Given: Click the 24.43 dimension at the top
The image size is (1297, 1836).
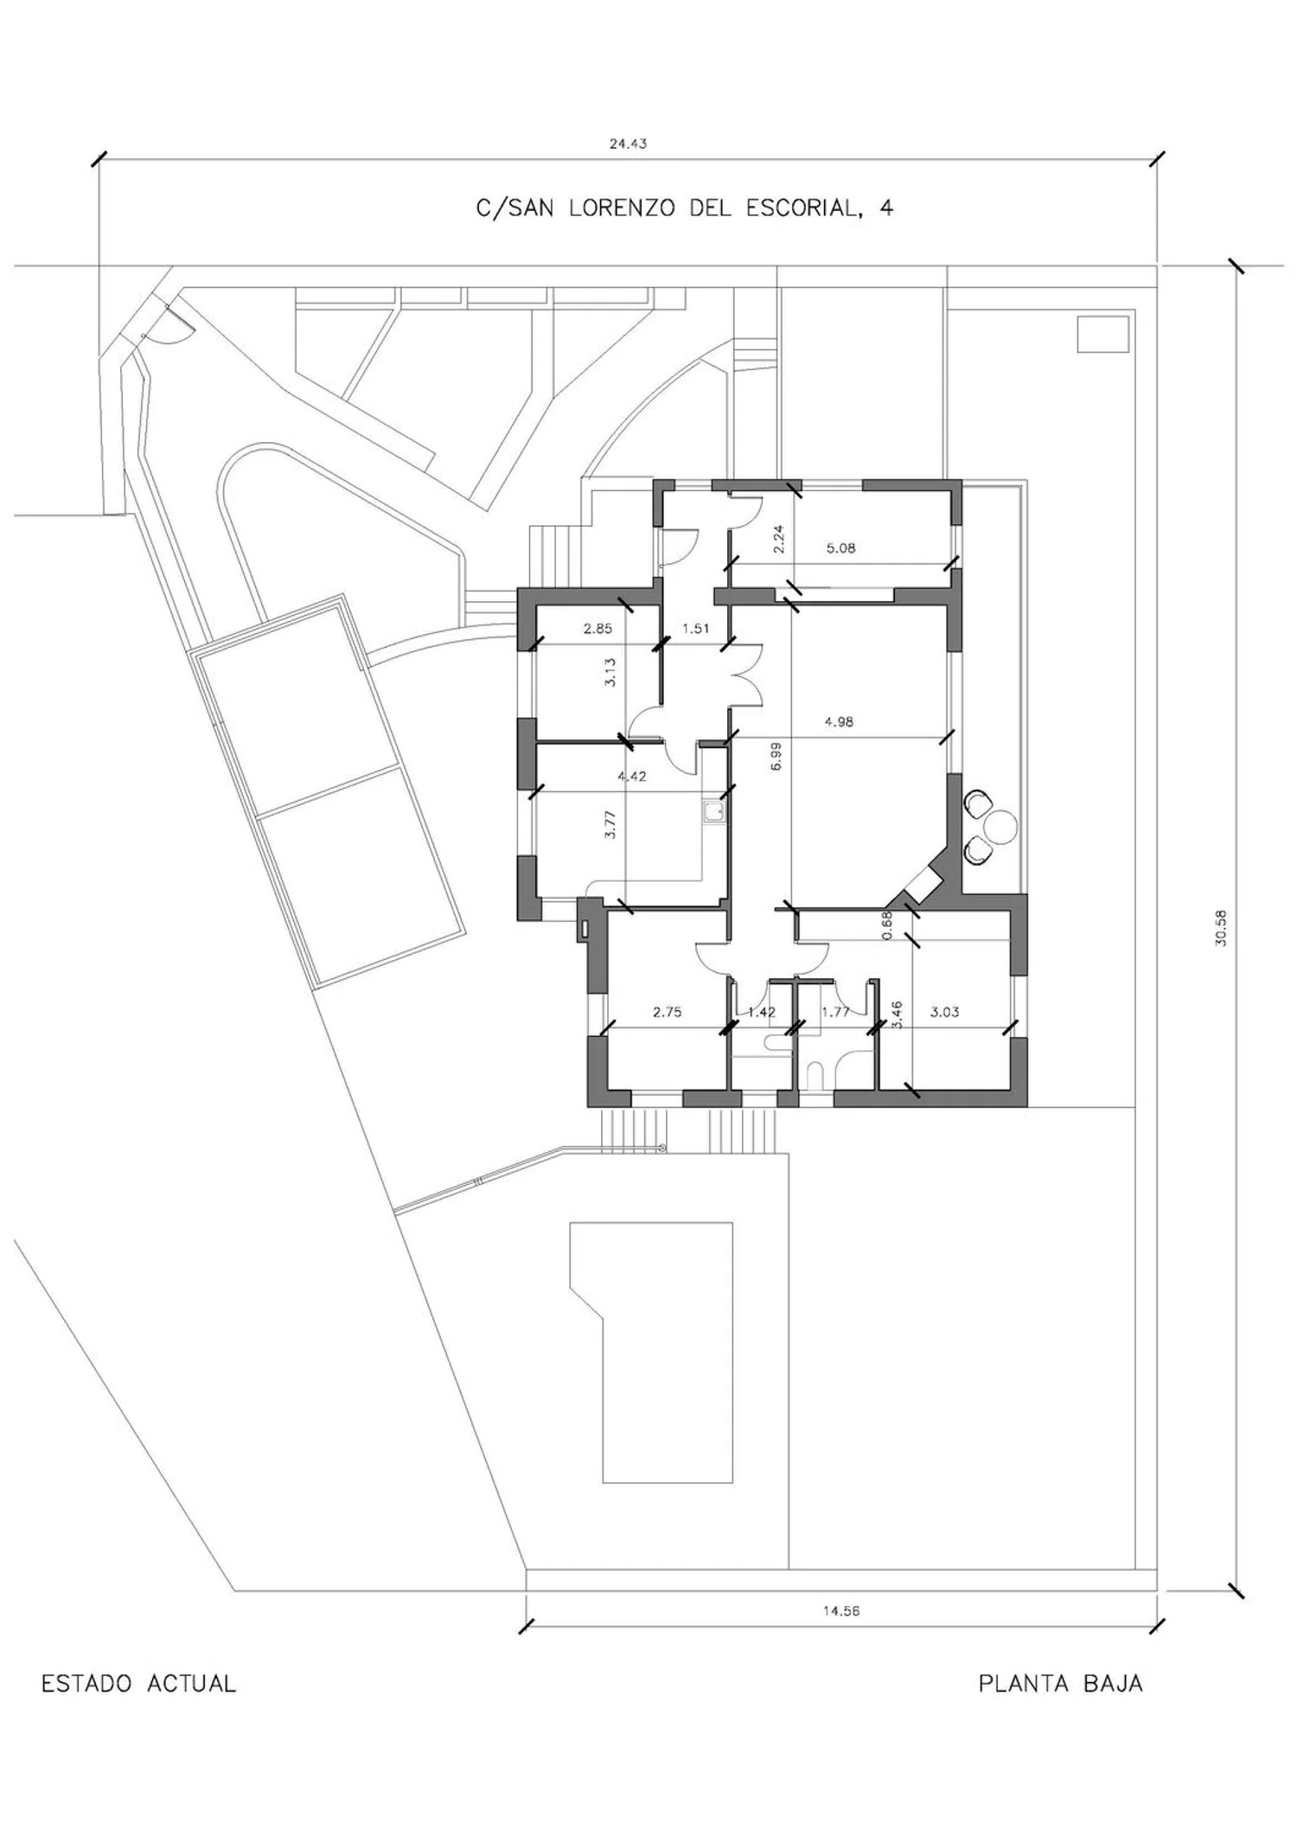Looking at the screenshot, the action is pos(628,144).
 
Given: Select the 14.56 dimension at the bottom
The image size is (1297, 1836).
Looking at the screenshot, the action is pos(841,1611).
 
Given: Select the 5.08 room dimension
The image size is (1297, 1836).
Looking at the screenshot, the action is pos(840,547).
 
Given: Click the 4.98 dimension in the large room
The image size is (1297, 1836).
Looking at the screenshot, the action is pos(839,721).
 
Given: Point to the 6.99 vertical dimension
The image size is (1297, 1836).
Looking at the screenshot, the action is pos(776,756).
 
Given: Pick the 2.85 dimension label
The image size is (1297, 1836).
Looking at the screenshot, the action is pos(597,629).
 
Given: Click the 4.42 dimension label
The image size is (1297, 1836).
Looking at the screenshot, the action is pos(632,776).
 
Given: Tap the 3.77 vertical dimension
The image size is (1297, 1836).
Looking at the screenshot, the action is pos(610,823).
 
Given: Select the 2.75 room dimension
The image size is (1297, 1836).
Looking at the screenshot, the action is pos(667,1012).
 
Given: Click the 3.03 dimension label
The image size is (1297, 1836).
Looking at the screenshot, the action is pos(944,1012).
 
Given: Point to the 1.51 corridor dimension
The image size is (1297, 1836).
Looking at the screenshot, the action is pos(695,629).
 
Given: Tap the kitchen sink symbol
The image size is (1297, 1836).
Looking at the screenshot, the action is pos(714,811).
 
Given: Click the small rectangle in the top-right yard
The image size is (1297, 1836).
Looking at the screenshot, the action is pos(1103,334).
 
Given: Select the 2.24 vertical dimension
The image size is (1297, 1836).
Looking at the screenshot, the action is pos(778,540).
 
